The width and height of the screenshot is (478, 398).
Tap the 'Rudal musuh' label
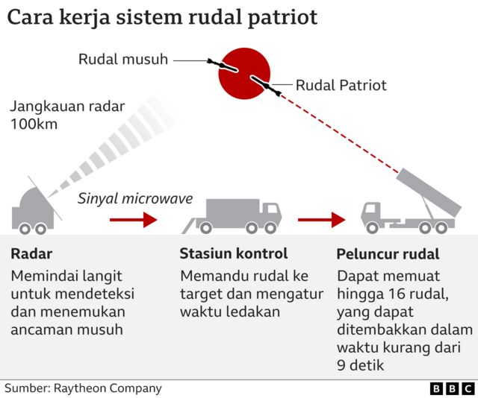coord(123,59)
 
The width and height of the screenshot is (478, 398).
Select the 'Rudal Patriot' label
coord(341,85)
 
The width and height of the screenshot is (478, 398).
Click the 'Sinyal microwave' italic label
coord(135,198)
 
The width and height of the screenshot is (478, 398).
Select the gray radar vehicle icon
coord(33,209)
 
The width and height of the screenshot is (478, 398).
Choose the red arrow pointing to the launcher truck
coord(321,220)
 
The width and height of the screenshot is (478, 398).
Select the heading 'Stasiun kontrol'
coord(233,254)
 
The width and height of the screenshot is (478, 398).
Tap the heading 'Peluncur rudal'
coord(388,254)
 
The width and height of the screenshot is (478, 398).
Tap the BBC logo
coord(452,388)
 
